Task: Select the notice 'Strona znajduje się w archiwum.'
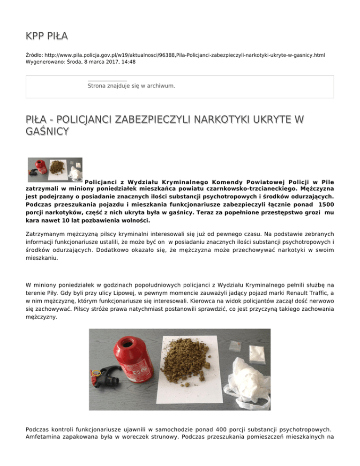(131, 86)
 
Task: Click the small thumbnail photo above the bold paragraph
(55, 169)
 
